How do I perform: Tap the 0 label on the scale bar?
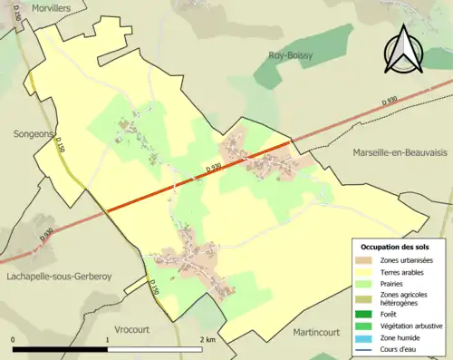[13, 340]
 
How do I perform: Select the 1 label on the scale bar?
[108, 340]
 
